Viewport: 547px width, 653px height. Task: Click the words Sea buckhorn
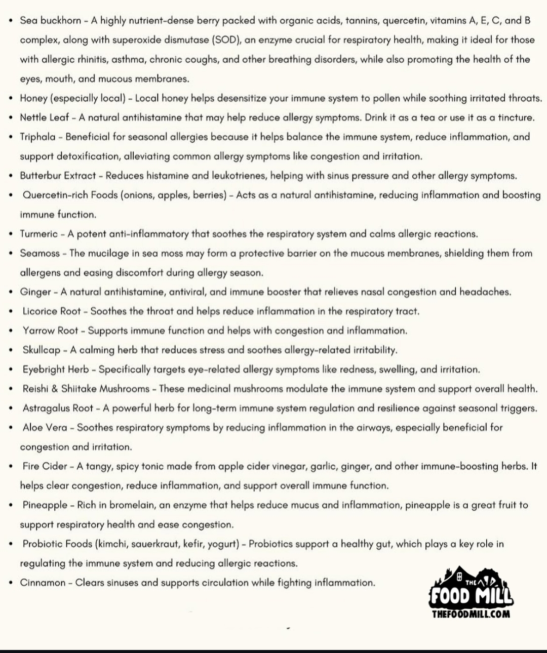pyautogui.click(x=50, y=21)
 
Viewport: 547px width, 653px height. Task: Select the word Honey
pyautogui.click(x=33, y=98)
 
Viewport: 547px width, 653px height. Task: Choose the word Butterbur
pyautogui.click(x=40, y=176)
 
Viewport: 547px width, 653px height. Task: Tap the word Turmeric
pyautogui.click(x=39, y=234)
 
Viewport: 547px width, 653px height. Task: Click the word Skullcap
pyautogui.click(x=42, y=350)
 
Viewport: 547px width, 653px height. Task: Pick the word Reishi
pyautogui.click(x=35, y=389)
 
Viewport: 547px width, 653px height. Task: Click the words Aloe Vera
pyautogui.click(x=45, y=427)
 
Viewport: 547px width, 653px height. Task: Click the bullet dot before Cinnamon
pyautogui.click(x=11, y=583)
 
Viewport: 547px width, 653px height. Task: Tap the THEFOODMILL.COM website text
pyautogui.click(x=471, y=614)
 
